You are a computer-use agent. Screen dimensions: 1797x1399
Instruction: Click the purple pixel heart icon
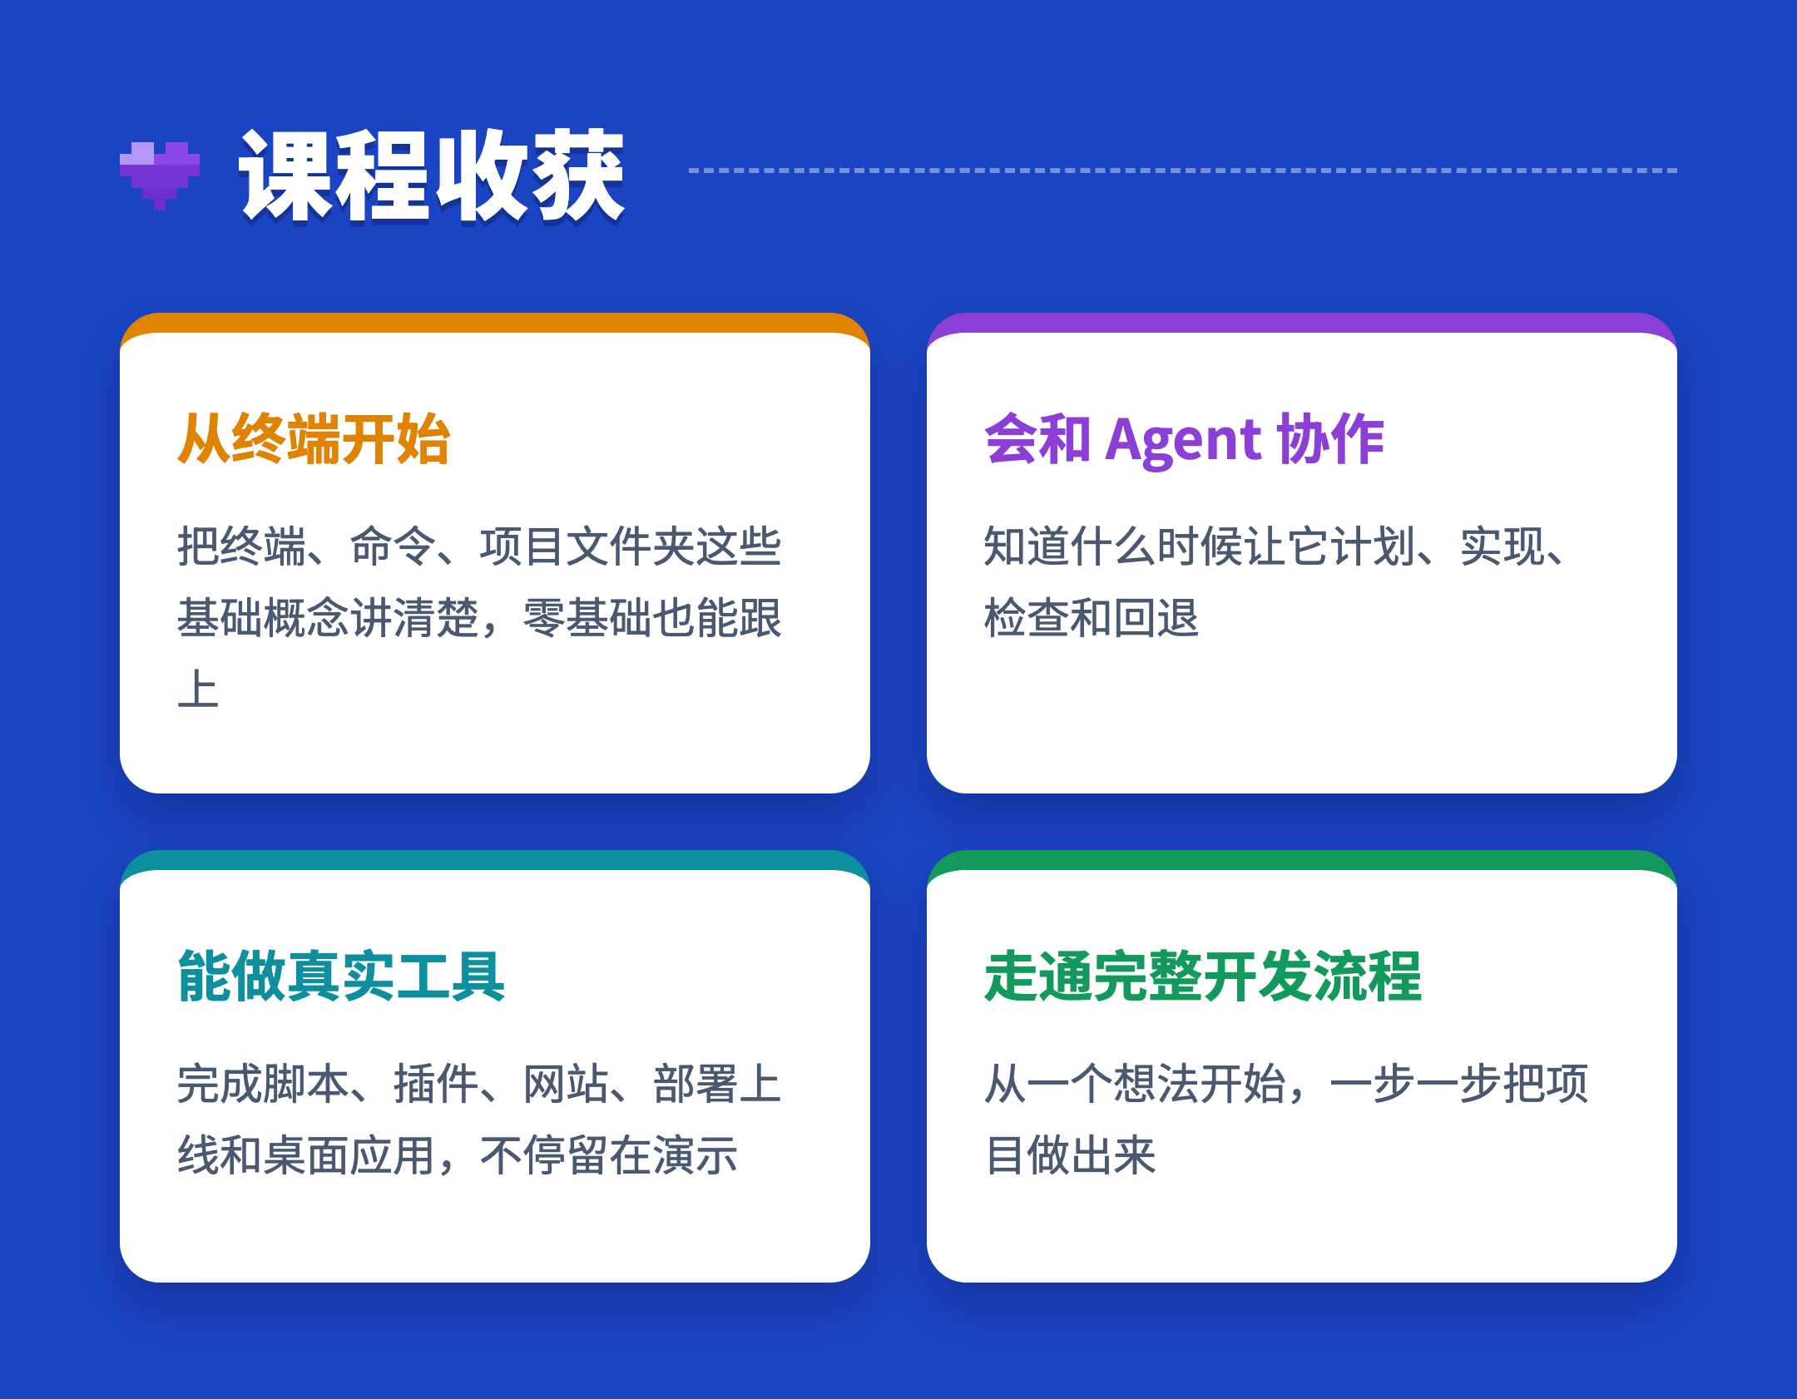tap(160, 175)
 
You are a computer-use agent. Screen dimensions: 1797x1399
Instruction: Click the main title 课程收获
tap(432, 175)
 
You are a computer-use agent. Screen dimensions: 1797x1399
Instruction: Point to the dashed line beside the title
tap(1182, 171)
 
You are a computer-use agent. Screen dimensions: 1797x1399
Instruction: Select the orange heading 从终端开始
tap(314, 439)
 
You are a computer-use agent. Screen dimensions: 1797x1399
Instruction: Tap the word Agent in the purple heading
tap(1184, 441)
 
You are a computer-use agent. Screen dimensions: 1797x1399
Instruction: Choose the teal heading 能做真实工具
tap(341, 976)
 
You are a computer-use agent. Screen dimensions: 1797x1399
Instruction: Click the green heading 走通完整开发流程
tap(1203, 976)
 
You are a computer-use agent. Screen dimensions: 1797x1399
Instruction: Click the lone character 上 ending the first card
tap(198, 690)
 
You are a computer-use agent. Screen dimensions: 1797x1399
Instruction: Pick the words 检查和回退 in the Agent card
tap(1092, 618)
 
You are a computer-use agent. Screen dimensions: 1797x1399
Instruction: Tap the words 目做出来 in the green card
tap(1071, 1155)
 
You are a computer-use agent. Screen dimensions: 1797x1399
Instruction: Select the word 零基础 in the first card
tap(587, 618)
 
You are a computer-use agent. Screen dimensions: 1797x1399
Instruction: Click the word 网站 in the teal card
tap(566, 1084)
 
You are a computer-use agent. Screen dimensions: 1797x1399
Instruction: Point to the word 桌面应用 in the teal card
tap(350, 1155)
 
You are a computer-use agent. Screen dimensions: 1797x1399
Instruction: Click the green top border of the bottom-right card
tap(1302, 859)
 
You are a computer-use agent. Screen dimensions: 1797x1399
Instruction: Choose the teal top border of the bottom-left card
tap(495, 859)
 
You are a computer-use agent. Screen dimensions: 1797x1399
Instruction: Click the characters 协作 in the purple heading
tap(1330, 439)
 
